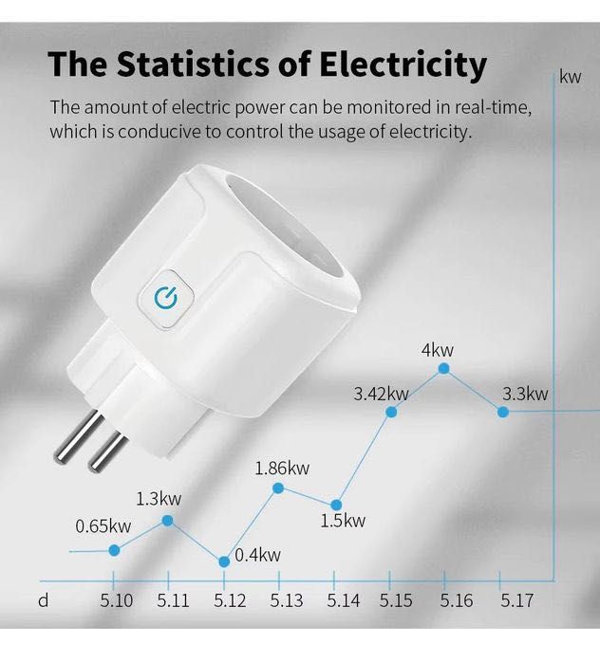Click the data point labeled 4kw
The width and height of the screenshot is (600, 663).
443,368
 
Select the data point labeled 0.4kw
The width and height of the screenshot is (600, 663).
224,562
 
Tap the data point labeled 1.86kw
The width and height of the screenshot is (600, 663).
278,488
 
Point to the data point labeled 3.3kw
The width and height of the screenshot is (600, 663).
503,412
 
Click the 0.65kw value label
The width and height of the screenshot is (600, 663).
103,526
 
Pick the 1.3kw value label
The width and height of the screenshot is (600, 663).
159,498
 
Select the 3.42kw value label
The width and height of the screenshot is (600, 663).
381,394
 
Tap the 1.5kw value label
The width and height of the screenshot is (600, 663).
342,521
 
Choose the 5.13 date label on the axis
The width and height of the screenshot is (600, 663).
287,600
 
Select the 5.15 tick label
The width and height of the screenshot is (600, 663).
396,600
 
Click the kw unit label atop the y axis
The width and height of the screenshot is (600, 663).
570,77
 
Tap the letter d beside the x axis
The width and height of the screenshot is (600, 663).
43,600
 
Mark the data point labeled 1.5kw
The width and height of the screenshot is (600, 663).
336,505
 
